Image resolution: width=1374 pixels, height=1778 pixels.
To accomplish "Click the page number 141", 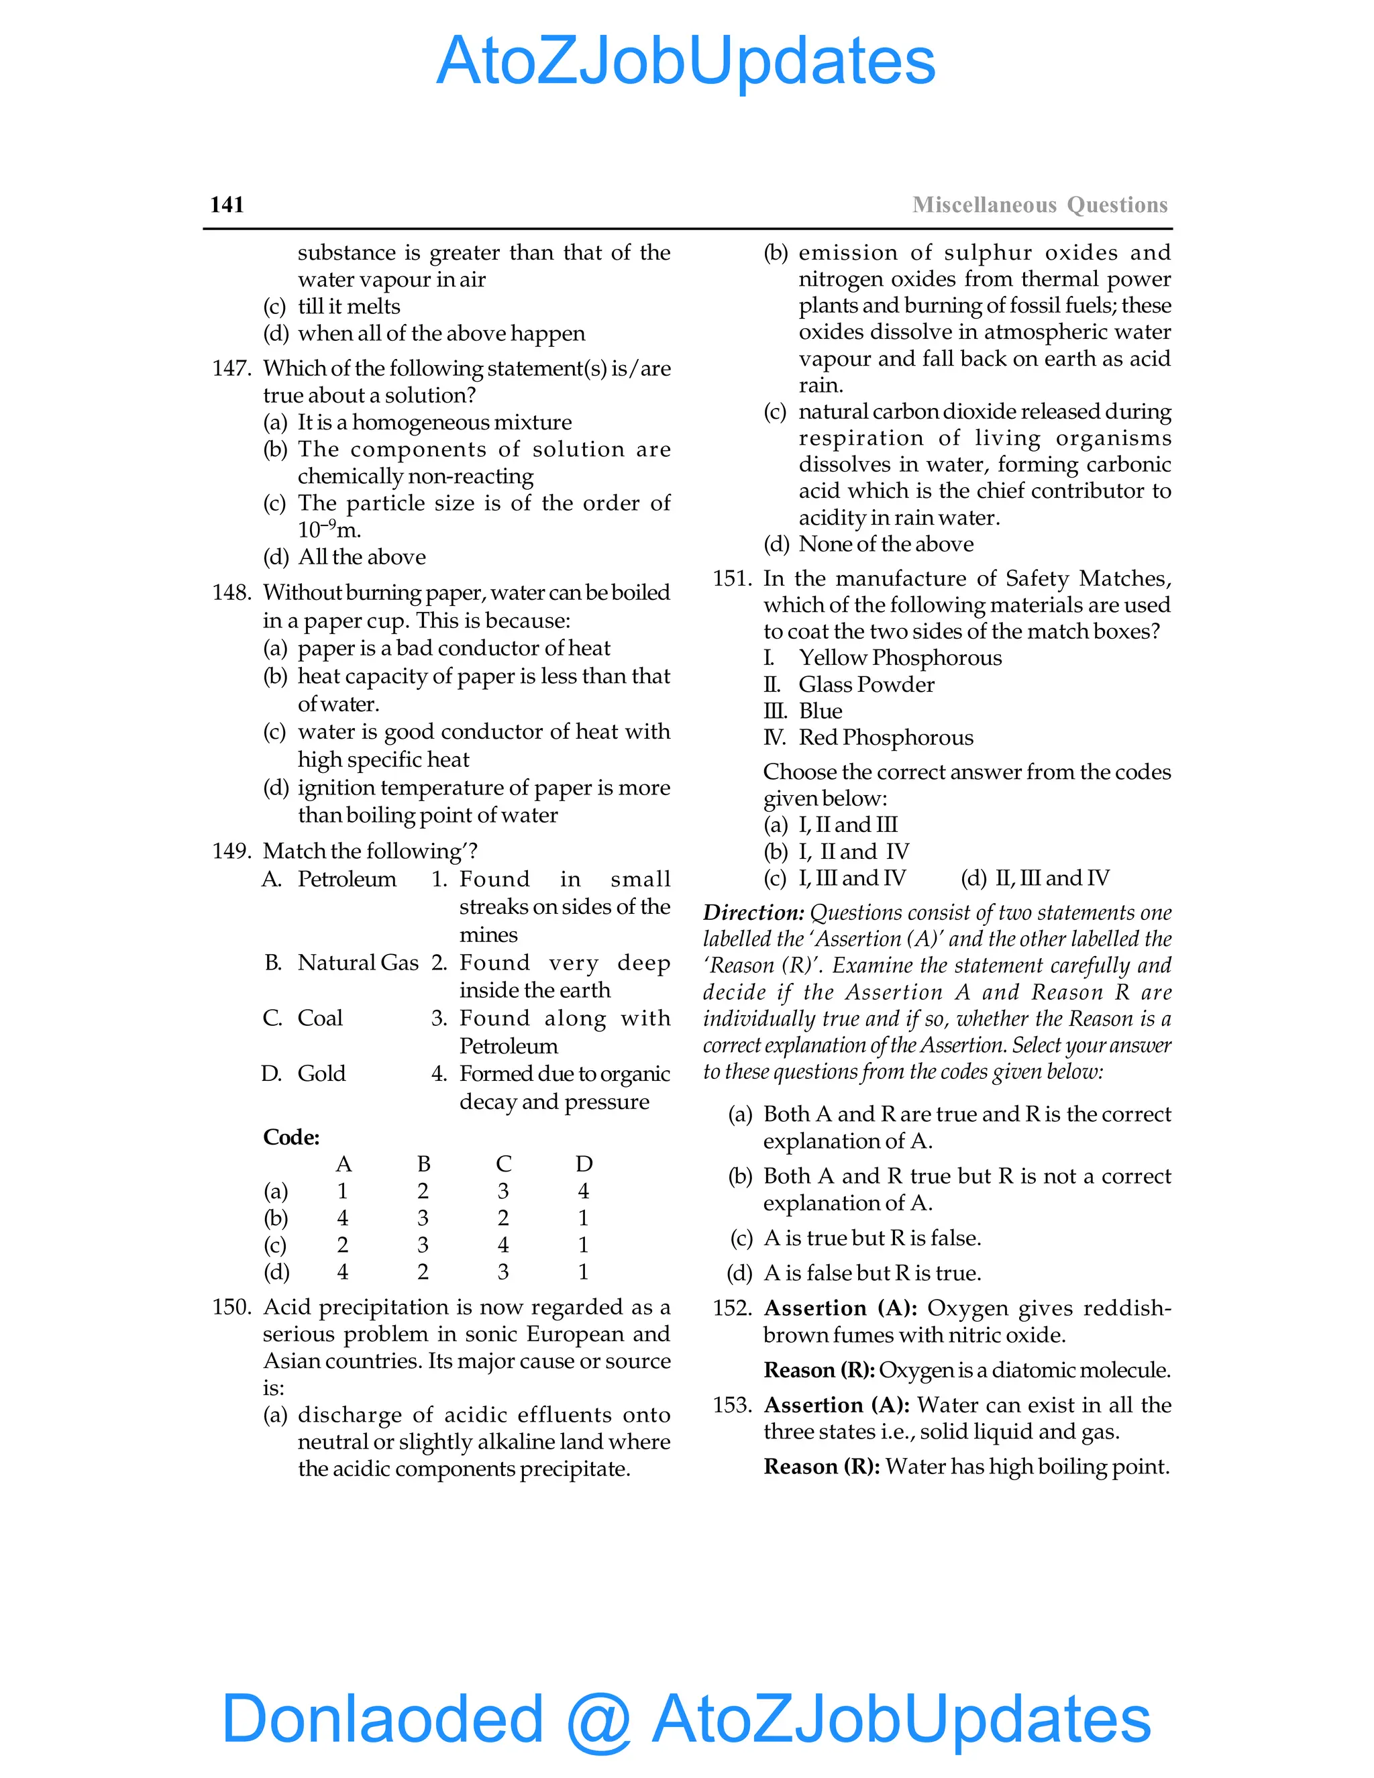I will tap(227, 205).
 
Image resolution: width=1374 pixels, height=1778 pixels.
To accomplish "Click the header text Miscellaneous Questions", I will tap(1039, 205).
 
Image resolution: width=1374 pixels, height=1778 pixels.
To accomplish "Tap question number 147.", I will tap(231, 369).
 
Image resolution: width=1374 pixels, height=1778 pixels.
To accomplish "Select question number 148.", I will tap(231, 592).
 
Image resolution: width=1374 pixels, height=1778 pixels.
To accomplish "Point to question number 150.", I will tap(231, 1308).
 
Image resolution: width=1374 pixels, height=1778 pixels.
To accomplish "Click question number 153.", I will tap(732, 1405).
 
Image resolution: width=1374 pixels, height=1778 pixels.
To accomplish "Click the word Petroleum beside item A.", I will tap(347, 879).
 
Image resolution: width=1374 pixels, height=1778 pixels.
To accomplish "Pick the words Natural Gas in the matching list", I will tap(358, 963).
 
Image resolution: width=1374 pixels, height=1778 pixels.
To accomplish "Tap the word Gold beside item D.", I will tap(321, 1074).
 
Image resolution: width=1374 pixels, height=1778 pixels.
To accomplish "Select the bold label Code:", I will tap(291, 1137).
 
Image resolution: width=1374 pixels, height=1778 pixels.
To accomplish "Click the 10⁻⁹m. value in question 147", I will tap(329, 530).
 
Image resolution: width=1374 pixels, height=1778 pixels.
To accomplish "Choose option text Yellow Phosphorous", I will tap(900, 658).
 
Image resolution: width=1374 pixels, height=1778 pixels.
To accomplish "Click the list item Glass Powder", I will tap(866, 684).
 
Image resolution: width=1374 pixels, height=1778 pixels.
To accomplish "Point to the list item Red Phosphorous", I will tap(886, 737).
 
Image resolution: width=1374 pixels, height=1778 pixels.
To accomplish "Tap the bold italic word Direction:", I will tap(753, 912).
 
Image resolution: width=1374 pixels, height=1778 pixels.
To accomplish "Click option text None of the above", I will tap(886, 544).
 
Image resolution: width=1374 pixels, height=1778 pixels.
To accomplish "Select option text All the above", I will tap(362, 557).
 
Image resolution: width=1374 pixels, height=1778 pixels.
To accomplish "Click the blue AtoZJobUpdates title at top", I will tap(686, 61).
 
